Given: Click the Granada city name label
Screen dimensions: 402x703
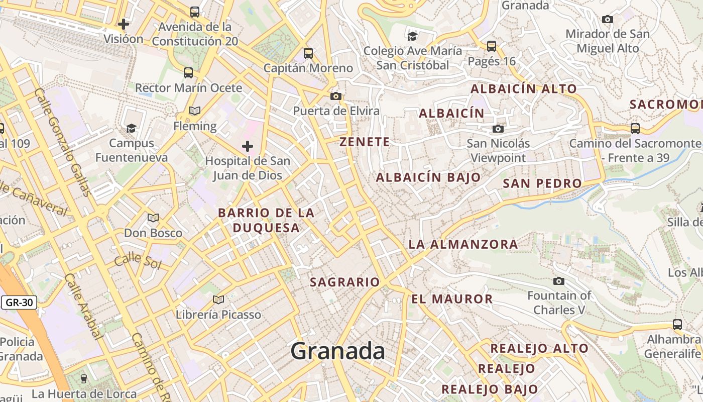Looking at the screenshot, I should [x=338, y=351].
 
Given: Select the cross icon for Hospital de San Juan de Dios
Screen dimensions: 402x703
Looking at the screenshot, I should [x=248, y=146].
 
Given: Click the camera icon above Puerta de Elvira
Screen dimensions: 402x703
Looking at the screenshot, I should [x=336, y=96].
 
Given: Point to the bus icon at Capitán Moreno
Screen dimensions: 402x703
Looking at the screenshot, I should [x=308, y=53].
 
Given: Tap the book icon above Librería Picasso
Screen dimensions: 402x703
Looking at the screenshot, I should [x=218, y=300].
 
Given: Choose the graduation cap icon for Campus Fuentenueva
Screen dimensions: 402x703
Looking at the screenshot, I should [x=131, y=128].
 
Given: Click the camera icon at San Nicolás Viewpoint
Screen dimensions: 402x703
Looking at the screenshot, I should [x=498, y=129].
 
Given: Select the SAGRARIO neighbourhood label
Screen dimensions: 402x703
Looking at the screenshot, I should [x=344, y=282].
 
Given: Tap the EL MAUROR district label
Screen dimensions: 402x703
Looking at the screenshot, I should [x=452, y=299].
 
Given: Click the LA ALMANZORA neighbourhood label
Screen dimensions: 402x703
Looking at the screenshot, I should [x=463, y=244].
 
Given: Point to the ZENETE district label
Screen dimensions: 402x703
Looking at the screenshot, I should [x=365, y=142].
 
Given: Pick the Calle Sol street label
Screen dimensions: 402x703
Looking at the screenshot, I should [x=137, y=262].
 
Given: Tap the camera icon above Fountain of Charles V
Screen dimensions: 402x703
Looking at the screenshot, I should [x=559, y=281].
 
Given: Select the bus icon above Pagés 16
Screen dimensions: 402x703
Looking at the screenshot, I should [x=492, y=46].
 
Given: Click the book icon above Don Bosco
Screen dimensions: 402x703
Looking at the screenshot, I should [x=153, y=218].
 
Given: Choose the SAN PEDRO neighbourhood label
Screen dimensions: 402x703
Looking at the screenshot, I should [x=542, y=183].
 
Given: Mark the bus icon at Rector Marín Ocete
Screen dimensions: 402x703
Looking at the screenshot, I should [x=188, y=73].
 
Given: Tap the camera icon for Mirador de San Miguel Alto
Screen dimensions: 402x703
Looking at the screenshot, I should [x=608, y=20].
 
